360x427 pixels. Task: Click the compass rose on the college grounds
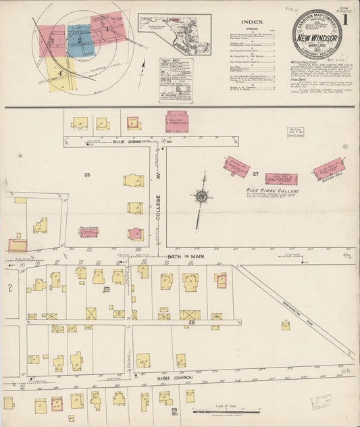(201, 197)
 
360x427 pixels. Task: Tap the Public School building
(88, 232)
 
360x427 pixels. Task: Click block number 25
(86, 175)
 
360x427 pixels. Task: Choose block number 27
(256, 174)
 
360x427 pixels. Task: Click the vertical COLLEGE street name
(157, 211)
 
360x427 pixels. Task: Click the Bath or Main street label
(192, 257)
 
